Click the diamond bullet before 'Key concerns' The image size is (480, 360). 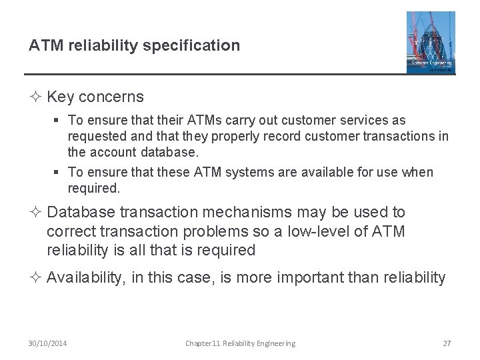36,97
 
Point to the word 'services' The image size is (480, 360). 367,121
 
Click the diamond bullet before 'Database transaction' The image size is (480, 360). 36,212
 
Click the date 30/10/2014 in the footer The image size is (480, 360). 47,343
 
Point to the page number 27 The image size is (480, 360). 447,343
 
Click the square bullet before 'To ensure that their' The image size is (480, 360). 58,121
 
